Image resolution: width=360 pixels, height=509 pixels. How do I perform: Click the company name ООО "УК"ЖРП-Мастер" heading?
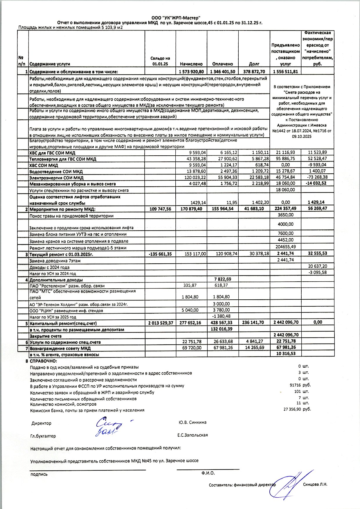click(176, 18)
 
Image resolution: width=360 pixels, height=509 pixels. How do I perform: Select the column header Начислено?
click(191, 64)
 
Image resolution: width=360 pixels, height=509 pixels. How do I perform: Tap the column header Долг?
click(254, 64)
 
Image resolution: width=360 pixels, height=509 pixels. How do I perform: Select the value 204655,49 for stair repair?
click(285, 247)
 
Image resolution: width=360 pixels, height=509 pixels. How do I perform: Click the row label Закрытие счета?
click(45, 336)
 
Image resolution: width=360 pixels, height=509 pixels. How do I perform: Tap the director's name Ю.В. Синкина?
click(192, 422)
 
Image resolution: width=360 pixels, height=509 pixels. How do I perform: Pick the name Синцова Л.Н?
click(315, 484)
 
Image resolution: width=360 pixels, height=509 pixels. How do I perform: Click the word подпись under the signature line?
click(39, 474)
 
